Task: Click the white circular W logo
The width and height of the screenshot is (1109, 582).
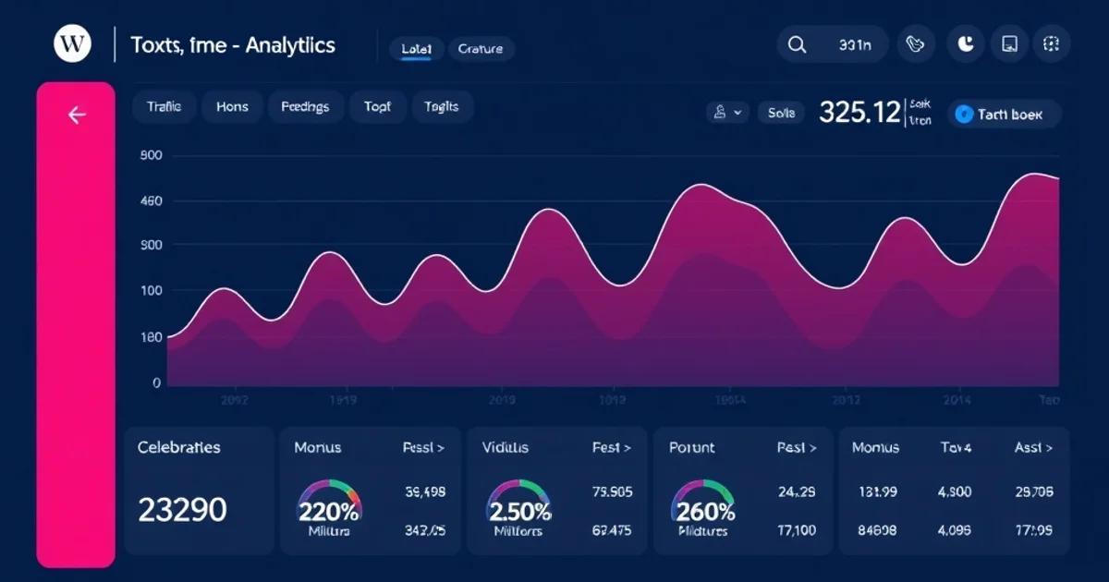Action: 72,44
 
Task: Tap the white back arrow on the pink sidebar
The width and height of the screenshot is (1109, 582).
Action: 77,115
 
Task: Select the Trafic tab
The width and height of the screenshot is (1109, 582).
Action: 164,107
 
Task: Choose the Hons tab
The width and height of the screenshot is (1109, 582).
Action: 232,107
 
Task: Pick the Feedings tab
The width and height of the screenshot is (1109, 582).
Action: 305,107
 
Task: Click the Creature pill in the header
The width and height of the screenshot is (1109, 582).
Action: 481,49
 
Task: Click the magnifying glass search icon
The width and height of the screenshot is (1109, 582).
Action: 797,44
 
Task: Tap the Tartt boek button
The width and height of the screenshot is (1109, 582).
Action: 1004,115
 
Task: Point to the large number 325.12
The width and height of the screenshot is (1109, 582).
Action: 859,113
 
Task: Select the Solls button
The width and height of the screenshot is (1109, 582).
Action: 781,113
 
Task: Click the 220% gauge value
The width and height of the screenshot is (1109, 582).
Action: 328,511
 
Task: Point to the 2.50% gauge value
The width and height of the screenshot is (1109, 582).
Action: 518,511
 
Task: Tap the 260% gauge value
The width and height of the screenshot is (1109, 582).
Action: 705,511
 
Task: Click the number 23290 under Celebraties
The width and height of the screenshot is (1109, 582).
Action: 182,509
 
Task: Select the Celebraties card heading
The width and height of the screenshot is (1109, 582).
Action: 178,447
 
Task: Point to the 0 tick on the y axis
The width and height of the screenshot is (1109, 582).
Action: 156,382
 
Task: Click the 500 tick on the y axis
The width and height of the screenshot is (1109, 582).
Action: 151,155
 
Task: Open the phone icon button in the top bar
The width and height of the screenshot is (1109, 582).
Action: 916,44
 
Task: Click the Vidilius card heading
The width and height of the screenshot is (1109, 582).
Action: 506,447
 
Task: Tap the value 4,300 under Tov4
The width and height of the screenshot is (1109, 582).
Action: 955,492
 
